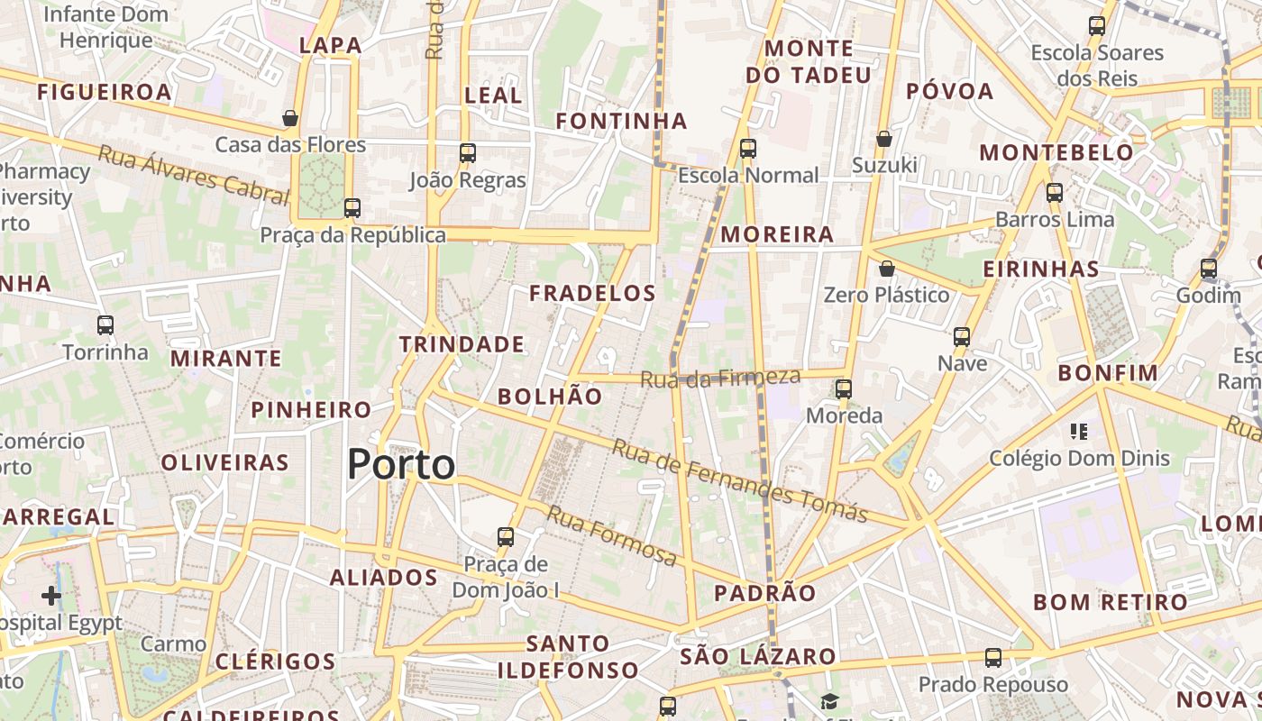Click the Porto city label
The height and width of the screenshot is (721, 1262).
tap(401, 465)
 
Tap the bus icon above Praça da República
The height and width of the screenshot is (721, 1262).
tap(352, 208)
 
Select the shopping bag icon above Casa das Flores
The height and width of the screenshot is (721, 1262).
tap(290, 118)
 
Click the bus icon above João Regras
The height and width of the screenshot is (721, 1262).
tap(467, 153)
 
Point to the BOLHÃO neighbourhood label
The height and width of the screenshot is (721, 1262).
tap(550, 397)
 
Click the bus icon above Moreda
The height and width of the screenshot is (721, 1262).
tap(844, 389)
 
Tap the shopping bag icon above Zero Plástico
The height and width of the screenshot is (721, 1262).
tap(887, 269)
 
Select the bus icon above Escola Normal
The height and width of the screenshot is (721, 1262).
tap(747, 149)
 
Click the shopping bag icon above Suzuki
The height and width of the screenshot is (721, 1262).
tap(884, 139)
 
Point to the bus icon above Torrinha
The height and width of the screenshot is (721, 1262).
tap(105, 325)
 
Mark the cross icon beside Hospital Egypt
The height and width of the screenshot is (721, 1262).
tap(51, 596)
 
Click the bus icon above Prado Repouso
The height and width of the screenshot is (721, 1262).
tap(993, 658)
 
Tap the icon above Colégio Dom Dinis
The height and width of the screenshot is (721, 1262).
tap(1079, 432)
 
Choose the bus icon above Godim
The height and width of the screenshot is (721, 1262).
tap(1209, 269)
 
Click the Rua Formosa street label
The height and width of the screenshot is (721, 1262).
tap(612, 536)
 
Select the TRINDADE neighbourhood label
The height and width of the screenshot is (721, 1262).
tap(462, 344)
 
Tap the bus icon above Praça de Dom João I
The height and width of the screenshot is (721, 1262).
tap(506, 537)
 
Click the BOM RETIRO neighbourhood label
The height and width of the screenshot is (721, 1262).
tap(1111, 602)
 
